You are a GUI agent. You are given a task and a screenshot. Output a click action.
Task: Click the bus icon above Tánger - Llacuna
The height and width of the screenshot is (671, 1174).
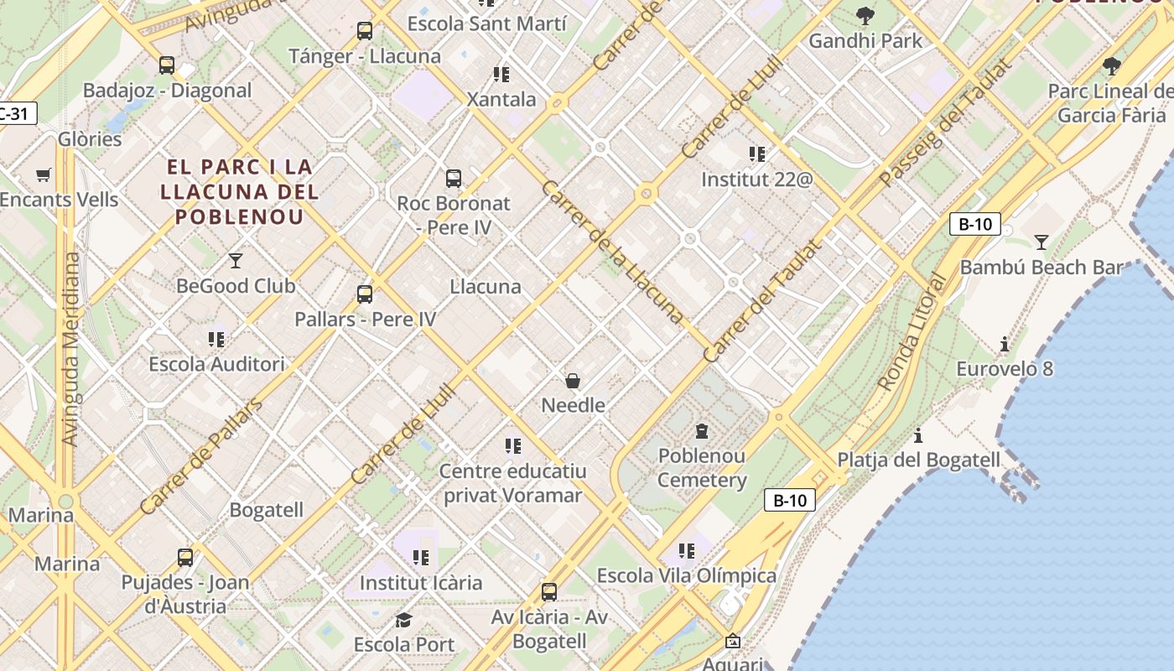click(364, 31)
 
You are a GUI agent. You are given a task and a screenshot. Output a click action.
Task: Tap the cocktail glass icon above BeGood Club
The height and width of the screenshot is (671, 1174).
click(236, 261)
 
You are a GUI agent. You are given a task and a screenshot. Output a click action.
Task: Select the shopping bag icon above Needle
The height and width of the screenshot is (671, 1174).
click(573, 381)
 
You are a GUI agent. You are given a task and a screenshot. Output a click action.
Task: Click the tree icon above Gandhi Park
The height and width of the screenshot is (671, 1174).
click(865, 16)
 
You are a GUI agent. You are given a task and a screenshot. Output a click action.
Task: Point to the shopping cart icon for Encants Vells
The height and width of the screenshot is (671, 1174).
click(44, 174)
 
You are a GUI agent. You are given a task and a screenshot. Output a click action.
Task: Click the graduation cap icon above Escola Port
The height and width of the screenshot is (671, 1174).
click(403, 620)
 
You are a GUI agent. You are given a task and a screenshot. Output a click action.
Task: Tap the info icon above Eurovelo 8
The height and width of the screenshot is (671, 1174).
click(1005, 344)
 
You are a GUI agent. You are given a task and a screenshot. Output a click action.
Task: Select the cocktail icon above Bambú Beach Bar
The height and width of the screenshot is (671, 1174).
click(1041, 242)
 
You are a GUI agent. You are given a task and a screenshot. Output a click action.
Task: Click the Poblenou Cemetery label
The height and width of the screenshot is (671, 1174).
click(702, 468)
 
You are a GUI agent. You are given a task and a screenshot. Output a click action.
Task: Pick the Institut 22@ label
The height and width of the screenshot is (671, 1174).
click(757, 179)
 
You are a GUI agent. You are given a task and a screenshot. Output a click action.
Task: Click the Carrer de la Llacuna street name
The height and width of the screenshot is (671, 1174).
click(612, 252)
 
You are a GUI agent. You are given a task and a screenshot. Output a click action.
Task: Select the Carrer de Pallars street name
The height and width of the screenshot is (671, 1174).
click(200, 456)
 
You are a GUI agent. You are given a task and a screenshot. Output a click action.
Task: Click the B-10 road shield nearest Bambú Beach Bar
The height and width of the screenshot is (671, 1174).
click(974, 224)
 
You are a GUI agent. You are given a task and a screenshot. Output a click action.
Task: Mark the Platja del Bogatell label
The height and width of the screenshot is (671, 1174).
click(918, 460)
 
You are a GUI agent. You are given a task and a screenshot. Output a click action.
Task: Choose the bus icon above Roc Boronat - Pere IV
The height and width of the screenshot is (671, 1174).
click(454, 178)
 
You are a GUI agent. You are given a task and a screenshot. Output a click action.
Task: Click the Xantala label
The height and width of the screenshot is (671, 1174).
click(501, 99)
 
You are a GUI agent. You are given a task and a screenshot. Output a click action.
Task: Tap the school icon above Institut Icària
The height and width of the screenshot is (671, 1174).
click(421, 558)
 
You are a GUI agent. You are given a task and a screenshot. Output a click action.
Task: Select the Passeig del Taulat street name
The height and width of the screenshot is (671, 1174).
click(946, 122)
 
